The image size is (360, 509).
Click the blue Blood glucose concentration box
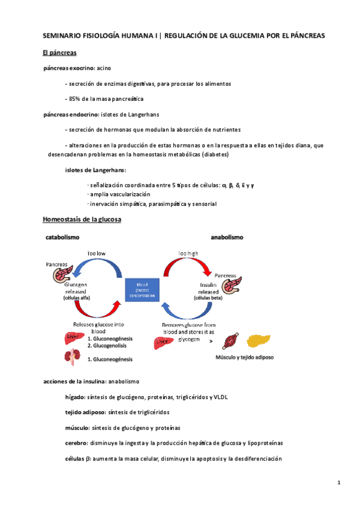[x=141, y=290]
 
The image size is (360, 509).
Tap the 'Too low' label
[x=96, y=253]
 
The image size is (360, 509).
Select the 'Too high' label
[x=188, y=253]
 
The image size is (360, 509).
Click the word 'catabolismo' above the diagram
[x=62, y=238]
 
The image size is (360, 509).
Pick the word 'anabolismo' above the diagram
[x=227, y=238]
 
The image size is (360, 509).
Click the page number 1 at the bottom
[x=339, y=483]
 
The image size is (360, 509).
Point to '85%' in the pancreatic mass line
[x=76, y=98]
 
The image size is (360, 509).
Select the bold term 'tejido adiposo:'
[x=85, y=412]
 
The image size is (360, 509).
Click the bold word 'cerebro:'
[x=76, y=443]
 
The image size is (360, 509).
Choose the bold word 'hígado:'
[x=75, y=397]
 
